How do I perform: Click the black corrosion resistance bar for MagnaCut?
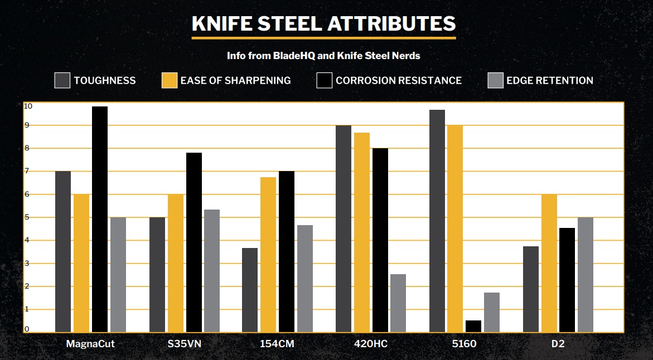pyautogui.click(x=100, y=220)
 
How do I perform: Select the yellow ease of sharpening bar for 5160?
pyautogui.click(x=455, y=229)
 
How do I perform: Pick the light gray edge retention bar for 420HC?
pyautogui.click(x=398, y=303)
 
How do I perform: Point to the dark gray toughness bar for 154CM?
pyautogui.click(x=250, y=290)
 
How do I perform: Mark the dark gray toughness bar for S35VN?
pyautogui.click(x=157, y=275)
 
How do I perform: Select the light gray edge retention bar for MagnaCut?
pyautogui.click(x=118, y=275)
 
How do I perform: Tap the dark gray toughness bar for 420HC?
pyautogui.click(x=344, y=229)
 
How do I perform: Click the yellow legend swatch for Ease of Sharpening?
pyautogui.click(x=170, y=80)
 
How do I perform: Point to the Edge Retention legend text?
pyautogui.click(x=549, y=80)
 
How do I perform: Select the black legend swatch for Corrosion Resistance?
pyautogui.click(x=325, y=80)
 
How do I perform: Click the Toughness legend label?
pyautogui.click(x=105, y=80)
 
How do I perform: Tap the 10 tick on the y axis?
pyautogui.click(x=28, y=106)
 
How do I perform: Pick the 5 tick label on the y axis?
pyautogui.click(x=26, y=217)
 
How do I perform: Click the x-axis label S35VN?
pyautogui.click(x=185, y=344)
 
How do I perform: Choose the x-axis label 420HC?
pyautogui.click(x=371, y=344)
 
